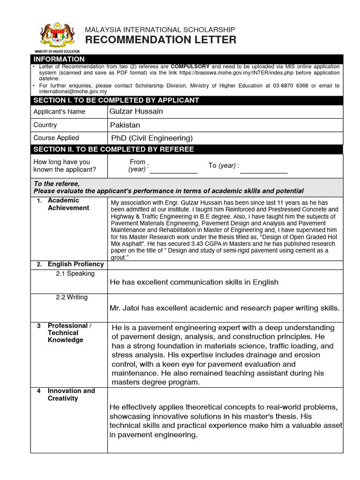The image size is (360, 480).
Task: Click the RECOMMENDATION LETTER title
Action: click(160, 40)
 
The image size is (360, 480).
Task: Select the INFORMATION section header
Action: click(59, 59)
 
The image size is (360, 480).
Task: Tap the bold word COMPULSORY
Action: click(190, 67)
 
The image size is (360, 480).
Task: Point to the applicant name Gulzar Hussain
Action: click(136, 111)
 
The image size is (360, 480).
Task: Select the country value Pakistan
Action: click(125, 125)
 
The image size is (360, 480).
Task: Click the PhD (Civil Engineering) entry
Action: click(152, 138)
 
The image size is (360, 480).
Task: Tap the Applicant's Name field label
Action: click(59, 112)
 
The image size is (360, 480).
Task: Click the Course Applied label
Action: click(56, 138)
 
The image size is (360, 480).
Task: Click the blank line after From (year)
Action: click(173, 171)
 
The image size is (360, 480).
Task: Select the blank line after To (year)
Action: click(263, 171)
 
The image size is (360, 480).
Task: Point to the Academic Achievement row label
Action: click(68, 204)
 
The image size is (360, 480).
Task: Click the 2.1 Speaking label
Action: click(75, 273)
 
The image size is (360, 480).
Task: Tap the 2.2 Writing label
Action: click(71, 297)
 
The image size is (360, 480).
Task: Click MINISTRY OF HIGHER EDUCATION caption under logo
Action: click(57, 51)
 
